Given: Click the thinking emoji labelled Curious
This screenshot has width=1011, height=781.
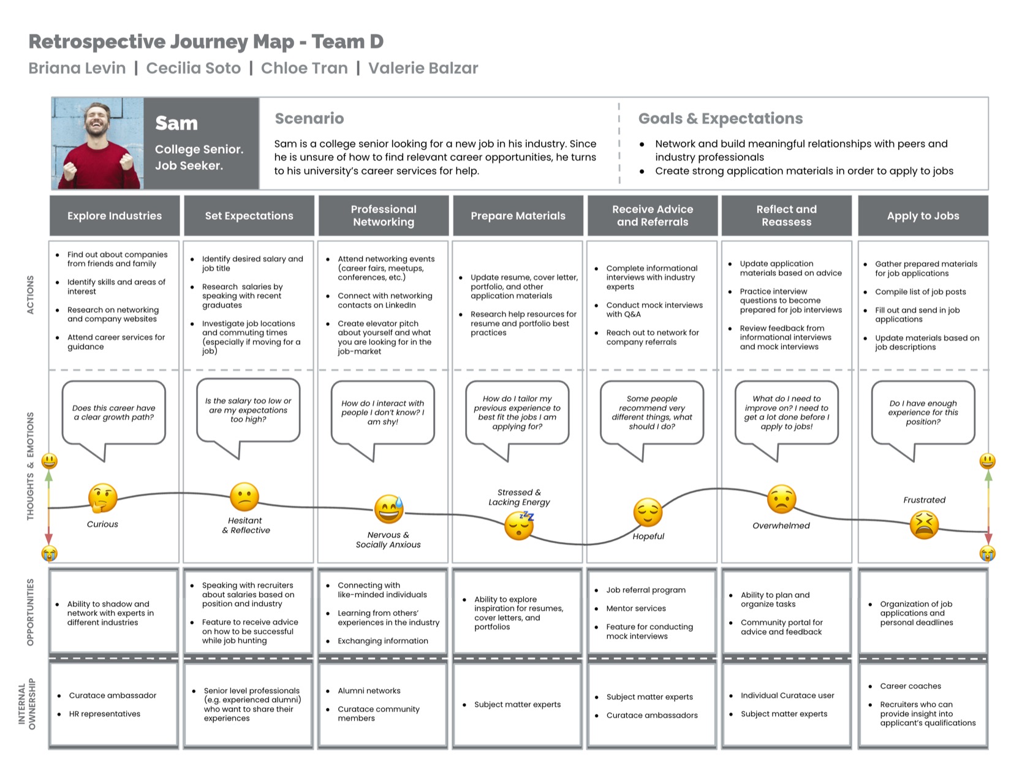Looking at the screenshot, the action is click(x=103, y=498).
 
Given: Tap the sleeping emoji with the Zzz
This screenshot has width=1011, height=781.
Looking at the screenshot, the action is click(x=520, y=525).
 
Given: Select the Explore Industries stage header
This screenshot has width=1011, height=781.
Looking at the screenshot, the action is click(x=115, y=216).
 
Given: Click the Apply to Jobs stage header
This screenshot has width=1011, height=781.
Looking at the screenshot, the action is click(x=923, y=216).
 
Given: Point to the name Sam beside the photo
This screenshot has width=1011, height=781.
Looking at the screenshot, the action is click(x=176, y=123).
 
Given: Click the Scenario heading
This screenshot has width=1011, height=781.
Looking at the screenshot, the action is click(x=309, y=118).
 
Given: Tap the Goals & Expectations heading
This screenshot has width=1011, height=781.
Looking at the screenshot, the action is click(x=720, y=118).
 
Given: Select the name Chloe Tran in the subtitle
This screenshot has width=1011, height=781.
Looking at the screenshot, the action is click(x=305, y=68).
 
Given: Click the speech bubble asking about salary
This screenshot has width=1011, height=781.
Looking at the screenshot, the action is click(x=248, y=418).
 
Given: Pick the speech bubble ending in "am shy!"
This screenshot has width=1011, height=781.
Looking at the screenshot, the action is click(x=382, y=420).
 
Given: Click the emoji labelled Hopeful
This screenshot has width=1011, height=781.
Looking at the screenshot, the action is click(x=648, y=513).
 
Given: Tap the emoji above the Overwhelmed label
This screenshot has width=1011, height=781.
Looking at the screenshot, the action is click(x=782, y=499).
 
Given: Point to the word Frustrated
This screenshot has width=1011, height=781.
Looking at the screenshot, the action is click(x=924, y=500).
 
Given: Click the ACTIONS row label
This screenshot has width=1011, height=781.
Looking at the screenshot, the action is click(x=30, y=295).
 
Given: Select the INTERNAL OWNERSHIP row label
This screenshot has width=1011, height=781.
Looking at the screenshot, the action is click(x=27, y=704).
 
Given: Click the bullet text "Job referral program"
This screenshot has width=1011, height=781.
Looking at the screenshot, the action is click(x=646, y=590).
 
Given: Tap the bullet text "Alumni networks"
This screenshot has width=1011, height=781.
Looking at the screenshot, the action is click(x=369, y=691).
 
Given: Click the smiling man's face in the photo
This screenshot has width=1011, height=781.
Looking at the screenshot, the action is click(x=97, y=120).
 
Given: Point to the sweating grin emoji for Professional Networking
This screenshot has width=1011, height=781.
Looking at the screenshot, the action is click(x=389, y=510).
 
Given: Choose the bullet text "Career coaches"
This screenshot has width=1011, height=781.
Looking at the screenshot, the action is click(x=910, y=686).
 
